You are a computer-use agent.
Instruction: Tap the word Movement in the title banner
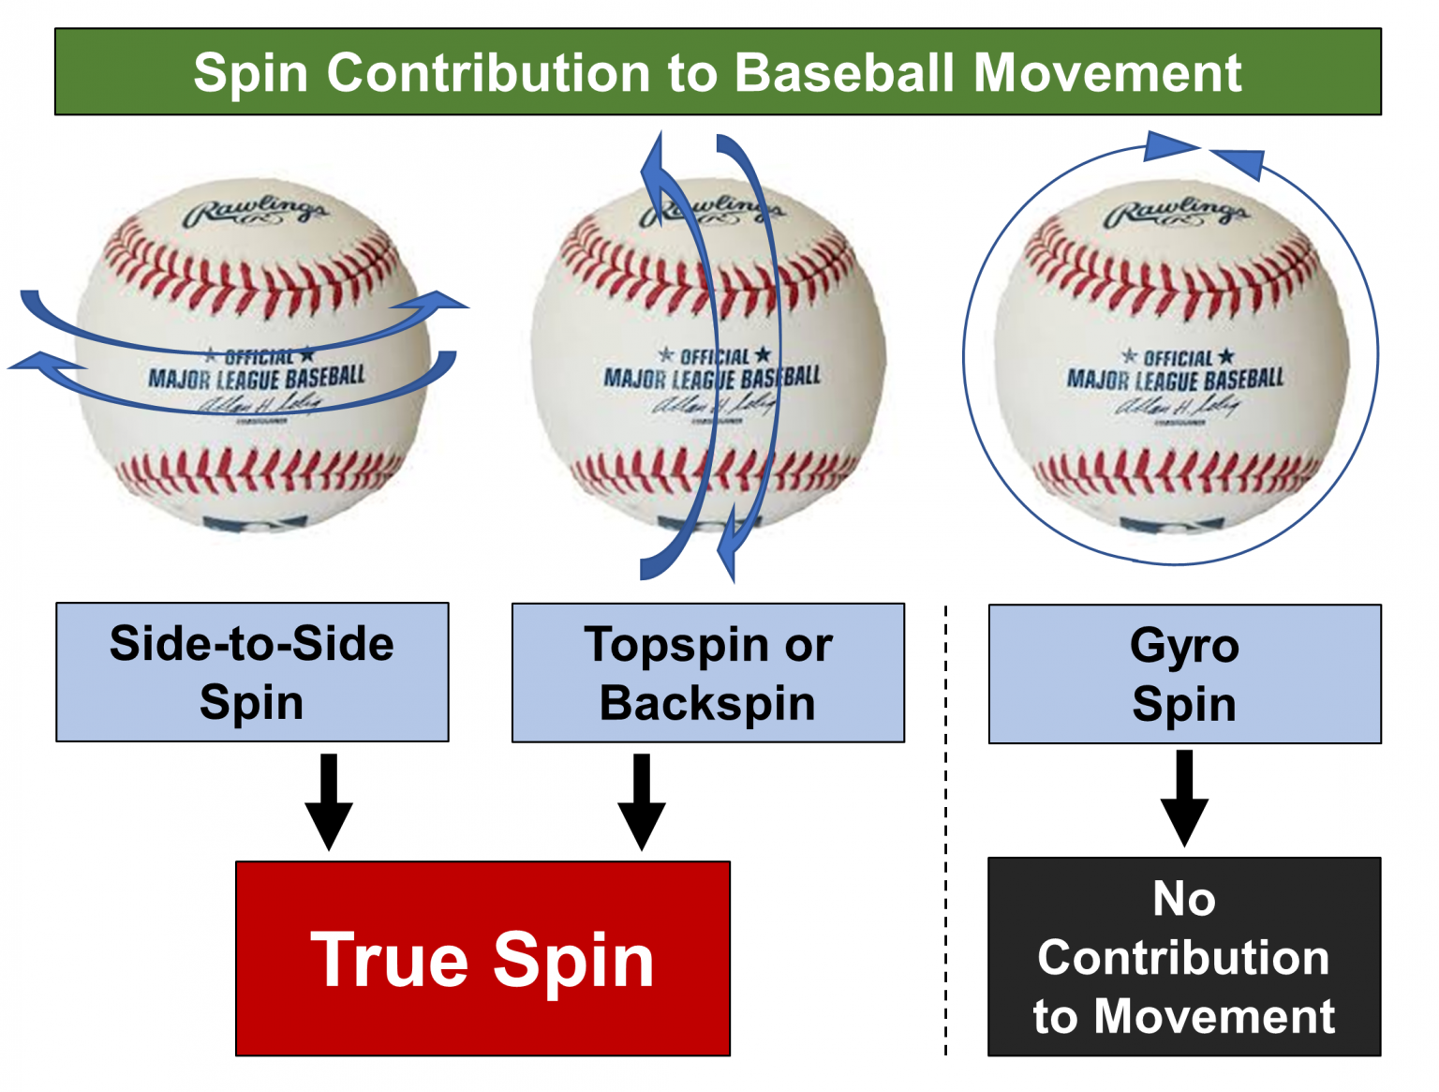[1107, 73]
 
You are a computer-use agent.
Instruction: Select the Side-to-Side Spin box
[252, 672]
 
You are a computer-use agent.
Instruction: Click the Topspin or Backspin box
[708, 673]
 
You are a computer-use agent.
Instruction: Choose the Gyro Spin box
[1184, 674]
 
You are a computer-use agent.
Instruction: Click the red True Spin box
[482, 959]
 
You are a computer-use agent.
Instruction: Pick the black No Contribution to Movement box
[1184, 957]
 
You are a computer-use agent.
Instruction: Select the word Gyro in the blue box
[1184, 646]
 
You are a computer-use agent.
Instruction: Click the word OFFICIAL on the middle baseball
[714, 357]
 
